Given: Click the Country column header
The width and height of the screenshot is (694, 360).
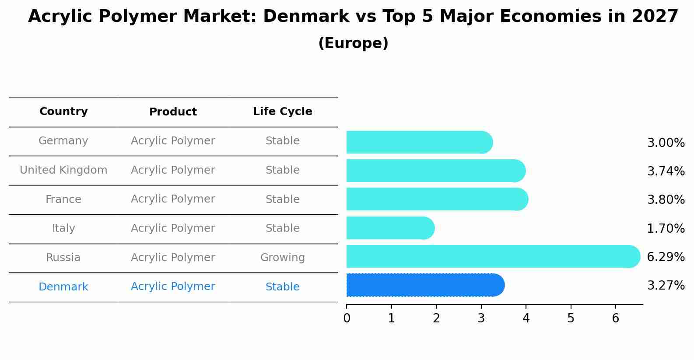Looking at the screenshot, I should click(63, 112).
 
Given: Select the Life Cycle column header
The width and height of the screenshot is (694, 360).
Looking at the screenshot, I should click(282, 112).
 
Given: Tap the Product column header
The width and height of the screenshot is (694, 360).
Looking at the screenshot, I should click(173, 112).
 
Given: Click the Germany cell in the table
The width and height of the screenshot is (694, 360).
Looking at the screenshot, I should click(63, 141).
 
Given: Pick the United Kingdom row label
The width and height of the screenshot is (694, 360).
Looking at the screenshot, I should click(63, 170).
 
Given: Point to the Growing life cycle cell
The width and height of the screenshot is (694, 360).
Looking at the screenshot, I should click(282, 258).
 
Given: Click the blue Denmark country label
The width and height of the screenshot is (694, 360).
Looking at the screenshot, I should click(63, 287).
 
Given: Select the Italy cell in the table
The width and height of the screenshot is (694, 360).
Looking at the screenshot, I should click(63, 228).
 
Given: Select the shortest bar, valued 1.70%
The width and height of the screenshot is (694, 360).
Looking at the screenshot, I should click(389, 228).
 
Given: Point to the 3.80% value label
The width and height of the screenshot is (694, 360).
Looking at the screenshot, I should click(666, 200).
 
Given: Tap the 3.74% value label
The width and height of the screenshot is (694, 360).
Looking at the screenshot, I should click(666, 171).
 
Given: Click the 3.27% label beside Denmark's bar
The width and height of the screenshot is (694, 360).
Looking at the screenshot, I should click(666, 286).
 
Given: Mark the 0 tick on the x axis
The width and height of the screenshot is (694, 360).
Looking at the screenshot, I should click(347, 318).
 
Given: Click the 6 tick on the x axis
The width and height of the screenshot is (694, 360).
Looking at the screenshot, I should click(615, 318).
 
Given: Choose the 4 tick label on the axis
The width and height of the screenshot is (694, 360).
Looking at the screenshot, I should click(526, 318).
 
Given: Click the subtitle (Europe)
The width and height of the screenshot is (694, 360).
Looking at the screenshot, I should click(353, 43).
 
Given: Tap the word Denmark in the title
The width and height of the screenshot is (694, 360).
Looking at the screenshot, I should click(306, 17).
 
